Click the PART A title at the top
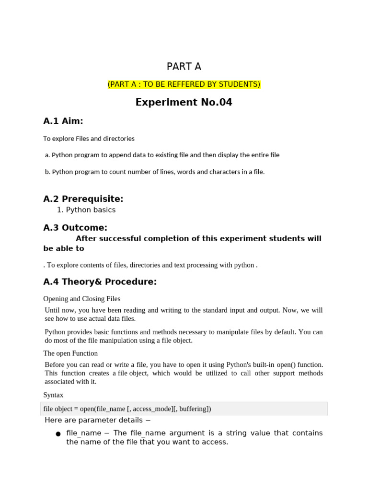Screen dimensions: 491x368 coord(184,67)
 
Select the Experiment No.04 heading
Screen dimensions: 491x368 coord(184,102)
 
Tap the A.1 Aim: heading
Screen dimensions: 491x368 coord(63,121)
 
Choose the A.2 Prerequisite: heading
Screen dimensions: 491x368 coord(83,199)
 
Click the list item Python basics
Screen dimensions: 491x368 coord(91,210)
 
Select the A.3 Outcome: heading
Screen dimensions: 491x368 coord(75,227)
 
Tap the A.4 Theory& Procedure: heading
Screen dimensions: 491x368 coord(100,281)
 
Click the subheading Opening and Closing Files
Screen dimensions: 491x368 coord(81,299)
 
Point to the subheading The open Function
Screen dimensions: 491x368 coord(70,353)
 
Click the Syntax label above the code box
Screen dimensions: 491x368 coord(53,395)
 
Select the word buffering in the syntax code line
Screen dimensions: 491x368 coord(194,409)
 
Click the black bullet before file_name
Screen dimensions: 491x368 coord(58,434)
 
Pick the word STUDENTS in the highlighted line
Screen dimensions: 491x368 coord(239,84)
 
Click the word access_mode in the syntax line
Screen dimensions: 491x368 coord(151,409)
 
